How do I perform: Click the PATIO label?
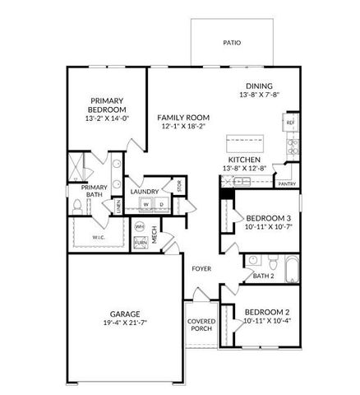[233, 41]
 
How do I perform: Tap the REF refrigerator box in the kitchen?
[290, 123]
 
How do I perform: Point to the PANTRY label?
[287, 184]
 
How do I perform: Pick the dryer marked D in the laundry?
[162, 204]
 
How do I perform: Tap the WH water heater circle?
[141, 225]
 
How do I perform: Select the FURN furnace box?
[141, 241]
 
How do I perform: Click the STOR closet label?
[179, 185]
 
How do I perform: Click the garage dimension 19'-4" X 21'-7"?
[126, 324]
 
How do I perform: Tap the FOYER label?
[201, 269]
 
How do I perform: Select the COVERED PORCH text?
[201, 325]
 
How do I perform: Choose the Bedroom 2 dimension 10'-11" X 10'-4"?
[268, 321]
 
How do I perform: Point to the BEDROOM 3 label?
[268, 218]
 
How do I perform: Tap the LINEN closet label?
[118, 207]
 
